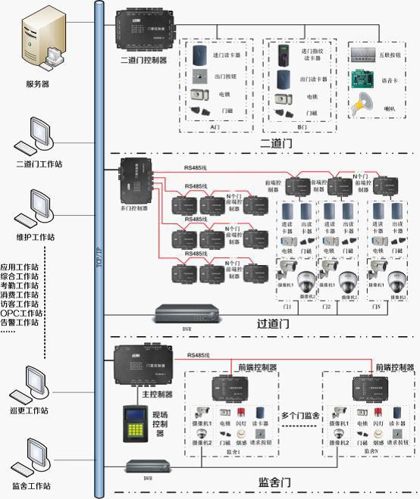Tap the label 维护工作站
click(x=35, y=237)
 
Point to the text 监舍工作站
click(x=32, y=486)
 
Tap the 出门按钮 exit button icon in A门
click(x=200, y=77)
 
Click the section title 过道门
click(x=274, y=323)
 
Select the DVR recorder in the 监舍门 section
click(x=146, y=466)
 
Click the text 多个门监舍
click(x=302, y=415)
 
